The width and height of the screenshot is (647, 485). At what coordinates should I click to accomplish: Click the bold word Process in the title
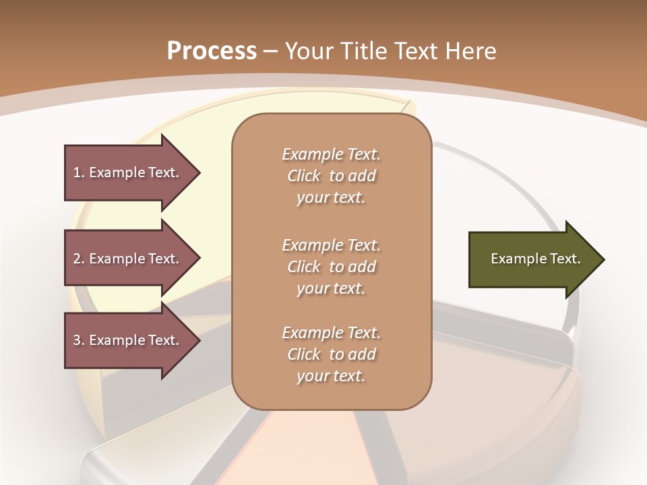point(212,51)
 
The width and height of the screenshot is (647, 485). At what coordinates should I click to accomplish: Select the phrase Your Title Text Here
point(391,51)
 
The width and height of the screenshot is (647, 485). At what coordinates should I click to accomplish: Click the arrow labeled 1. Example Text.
point(128,173)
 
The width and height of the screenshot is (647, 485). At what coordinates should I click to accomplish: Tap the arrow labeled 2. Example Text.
point(128,259)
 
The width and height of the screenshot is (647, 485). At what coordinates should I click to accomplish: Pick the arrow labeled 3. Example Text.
point(128,340)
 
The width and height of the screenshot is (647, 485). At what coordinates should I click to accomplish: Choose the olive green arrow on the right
point(532,259)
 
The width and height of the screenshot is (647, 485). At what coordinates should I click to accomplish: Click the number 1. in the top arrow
point(78,173)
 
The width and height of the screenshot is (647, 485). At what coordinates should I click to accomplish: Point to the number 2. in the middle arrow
point(78,259)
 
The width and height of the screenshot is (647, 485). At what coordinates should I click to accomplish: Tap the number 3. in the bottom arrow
point(78,340)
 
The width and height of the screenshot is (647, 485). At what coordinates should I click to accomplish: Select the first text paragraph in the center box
point(331,176)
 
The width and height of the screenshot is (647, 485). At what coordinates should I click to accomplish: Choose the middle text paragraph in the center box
point(331,267)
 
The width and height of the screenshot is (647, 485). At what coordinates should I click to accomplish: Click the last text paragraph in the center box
point(331,354)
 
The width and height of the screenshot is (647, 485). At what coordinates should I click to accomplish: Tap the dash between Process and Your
point(271,51)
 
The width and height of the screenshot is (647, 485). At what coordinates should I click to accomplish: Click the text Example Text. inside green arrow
point(535,259)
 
